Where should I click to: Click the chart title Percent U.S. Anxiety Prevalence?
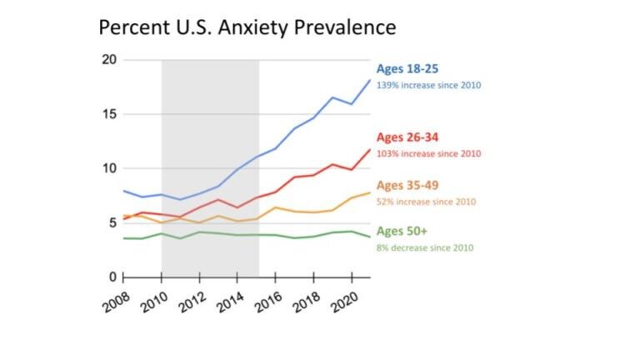coord(247,27)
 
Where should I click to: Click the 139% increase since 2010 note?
coord(428,85)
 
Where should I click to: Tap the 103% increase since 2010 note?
coord(428,154)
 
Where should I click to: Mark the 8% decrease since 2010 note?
coord(426,247)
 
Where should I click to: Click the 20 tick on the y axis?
coord(108,60)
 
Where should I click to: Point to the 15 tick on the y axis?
coord(108,114)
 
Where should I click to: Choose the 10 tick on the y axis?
coord(108,168)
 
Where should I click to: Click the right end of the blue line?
coord(370,80)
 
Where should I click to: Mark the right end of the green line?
coord(370,237)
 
